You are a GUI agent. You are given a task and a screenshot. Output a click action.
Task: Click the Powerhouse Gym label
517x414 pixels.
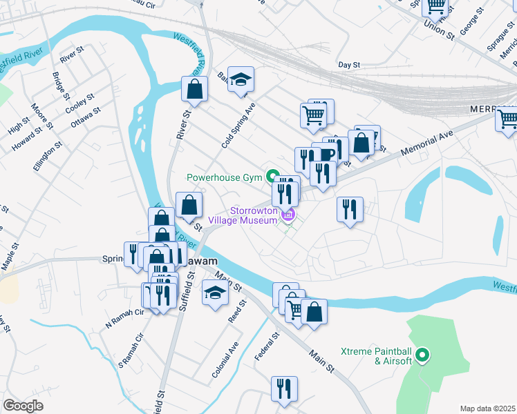click(225, 177)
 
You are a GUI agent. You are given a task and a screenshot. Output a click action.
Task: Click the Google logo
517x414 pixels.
click(23, 406)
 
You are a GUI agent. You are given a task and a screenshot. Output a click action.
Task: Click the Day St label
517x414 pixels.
click(349, 65)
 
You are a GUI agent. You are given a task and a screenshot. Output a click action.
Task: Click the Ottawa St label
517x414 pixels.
click(86, 117)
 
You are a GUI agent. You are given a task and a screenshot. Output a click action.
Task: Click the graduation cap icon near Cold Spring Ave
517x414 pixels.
click(241, 80)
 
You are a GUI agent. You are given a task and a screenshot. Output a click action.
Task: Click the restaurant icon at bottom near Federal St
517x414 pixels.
click(284, 389)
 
